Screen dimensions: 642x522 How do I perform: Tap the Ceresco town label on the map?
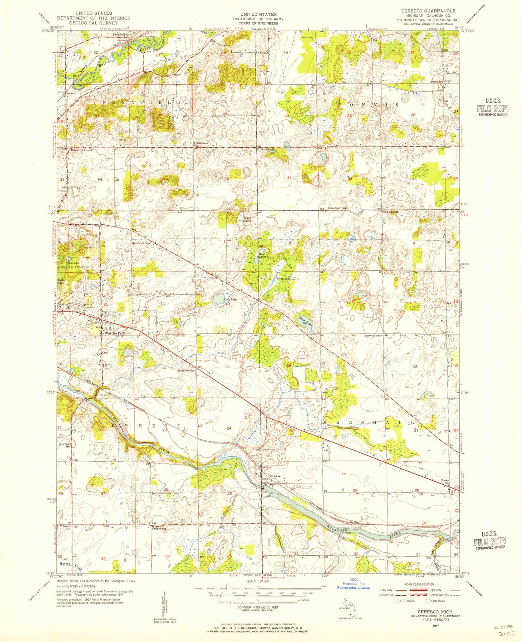tap(274, 476)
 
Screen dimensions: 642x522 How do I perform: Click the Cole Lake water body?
tap(219, 298)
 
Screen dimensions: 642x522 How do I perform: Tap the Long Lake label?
tap(283, 279)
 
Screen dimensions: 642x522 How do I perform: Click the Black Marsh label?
tap(247, 219)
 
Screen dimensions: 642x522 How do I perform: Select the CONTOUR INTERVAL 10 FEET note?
tap(258, 607)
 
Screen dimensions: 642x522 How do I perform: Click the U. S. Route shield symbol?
tap(397, 601)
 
